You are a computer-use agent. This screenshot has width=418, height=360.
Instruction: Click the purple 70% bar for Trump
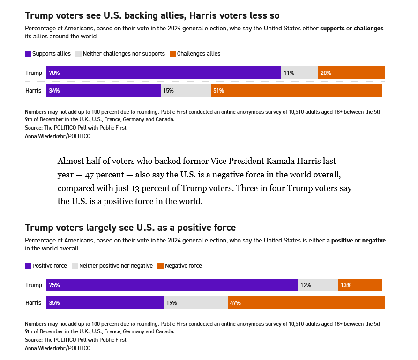coord(164,73)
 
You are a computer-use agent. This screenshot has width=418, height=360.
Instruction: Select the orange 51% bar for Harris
coord(296,91)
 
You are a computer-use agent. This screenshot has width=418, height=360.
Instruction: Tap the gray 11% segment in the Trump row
coord(299,73)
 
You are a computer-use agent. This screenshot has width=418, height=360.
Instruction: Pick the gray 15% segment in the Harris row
coord(186,91)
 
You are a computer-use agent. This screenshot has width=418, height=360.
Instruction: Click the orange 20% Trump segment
coord(351,73)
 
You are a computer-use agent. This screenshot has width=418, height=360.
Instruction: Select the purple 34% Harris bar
coord(104,91)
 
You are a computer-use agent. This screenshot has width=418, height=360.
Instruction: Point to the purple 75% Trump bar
coord(172,285)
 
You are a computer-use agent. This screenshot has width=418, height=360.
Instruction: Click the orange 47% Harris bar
coord(306,303)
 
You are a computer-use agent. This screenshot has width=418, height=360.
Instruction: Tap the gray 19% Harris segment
coord(196,303)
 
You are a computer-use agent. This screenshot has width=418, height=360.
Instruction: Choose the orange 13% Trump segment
coord(360,285)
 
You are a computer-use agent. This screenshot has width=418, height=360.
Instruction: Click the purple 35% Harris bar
coord(105,303)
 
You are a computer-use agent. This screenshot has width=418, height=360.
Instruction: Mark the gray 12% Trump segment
coord(318,285)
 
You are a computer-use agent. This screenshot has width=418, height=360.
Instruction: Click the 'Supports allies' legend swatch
coord(28,54)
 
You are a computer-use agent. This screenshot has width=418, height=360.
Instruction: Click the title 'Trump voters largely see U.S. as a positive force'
coord(130,228)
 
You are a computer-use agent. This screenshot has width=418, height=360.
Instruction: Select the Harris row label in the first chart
coord(33,91)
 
